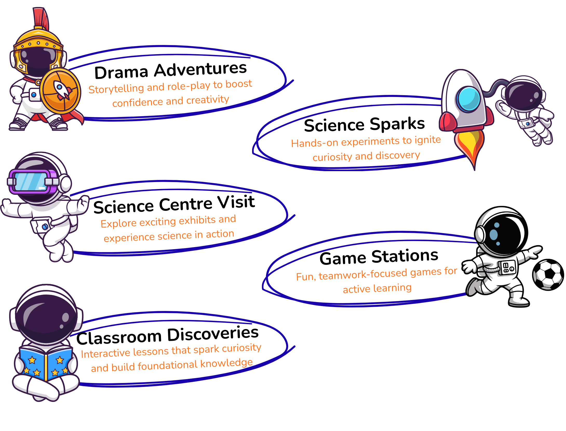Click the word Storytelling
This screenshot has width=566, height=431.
116,88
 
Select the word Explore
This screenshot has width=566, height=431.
118,223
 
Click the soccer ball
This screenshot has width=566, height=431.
548,275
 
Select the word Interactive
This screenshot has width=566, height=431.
105,353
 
